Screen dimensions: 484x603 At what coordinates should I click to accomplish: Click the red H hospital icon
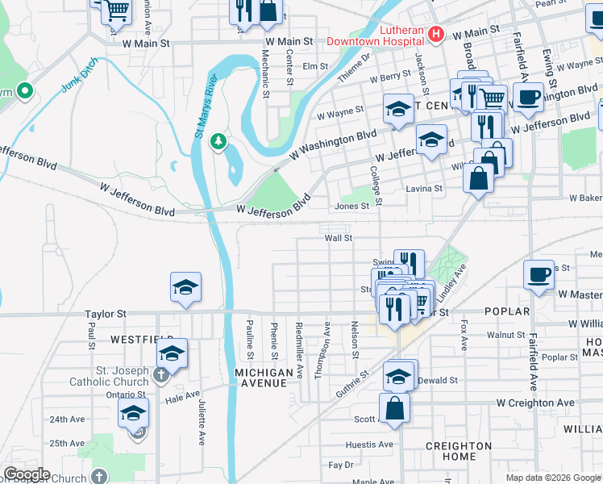point(436,33)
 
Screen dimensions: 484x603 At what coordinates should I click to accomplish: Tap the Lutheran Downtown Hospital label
point(376,33)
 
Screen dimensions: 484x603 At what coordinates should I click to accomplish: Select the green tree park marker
point(218,143)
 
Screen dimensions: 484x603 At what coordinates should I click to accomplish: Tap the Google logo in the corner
point(26,474)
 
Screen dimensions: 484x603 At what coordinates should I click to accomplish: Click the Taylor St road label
point(106,313)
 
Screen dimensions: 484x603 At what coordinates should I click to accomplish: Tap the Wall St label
point(339,238)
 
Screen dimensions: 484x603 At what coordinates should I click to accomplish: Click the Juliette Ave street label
point(200,422)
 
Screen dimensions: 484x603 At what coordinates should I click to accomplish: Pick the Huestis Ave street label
point(368,444)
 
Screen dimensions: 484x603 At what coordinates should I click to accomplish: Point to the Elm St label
point(315,67)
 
